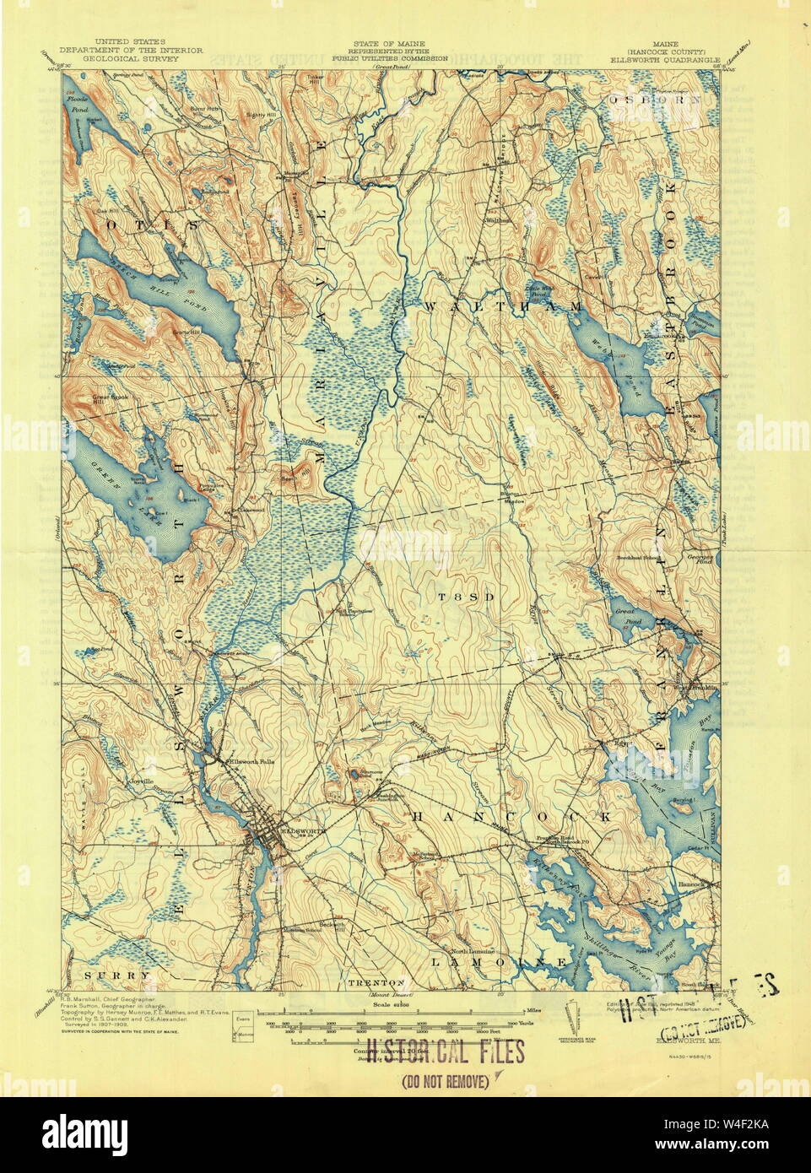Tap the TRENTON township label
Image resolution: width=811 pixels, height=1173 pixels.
click(x=376, y=982)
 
